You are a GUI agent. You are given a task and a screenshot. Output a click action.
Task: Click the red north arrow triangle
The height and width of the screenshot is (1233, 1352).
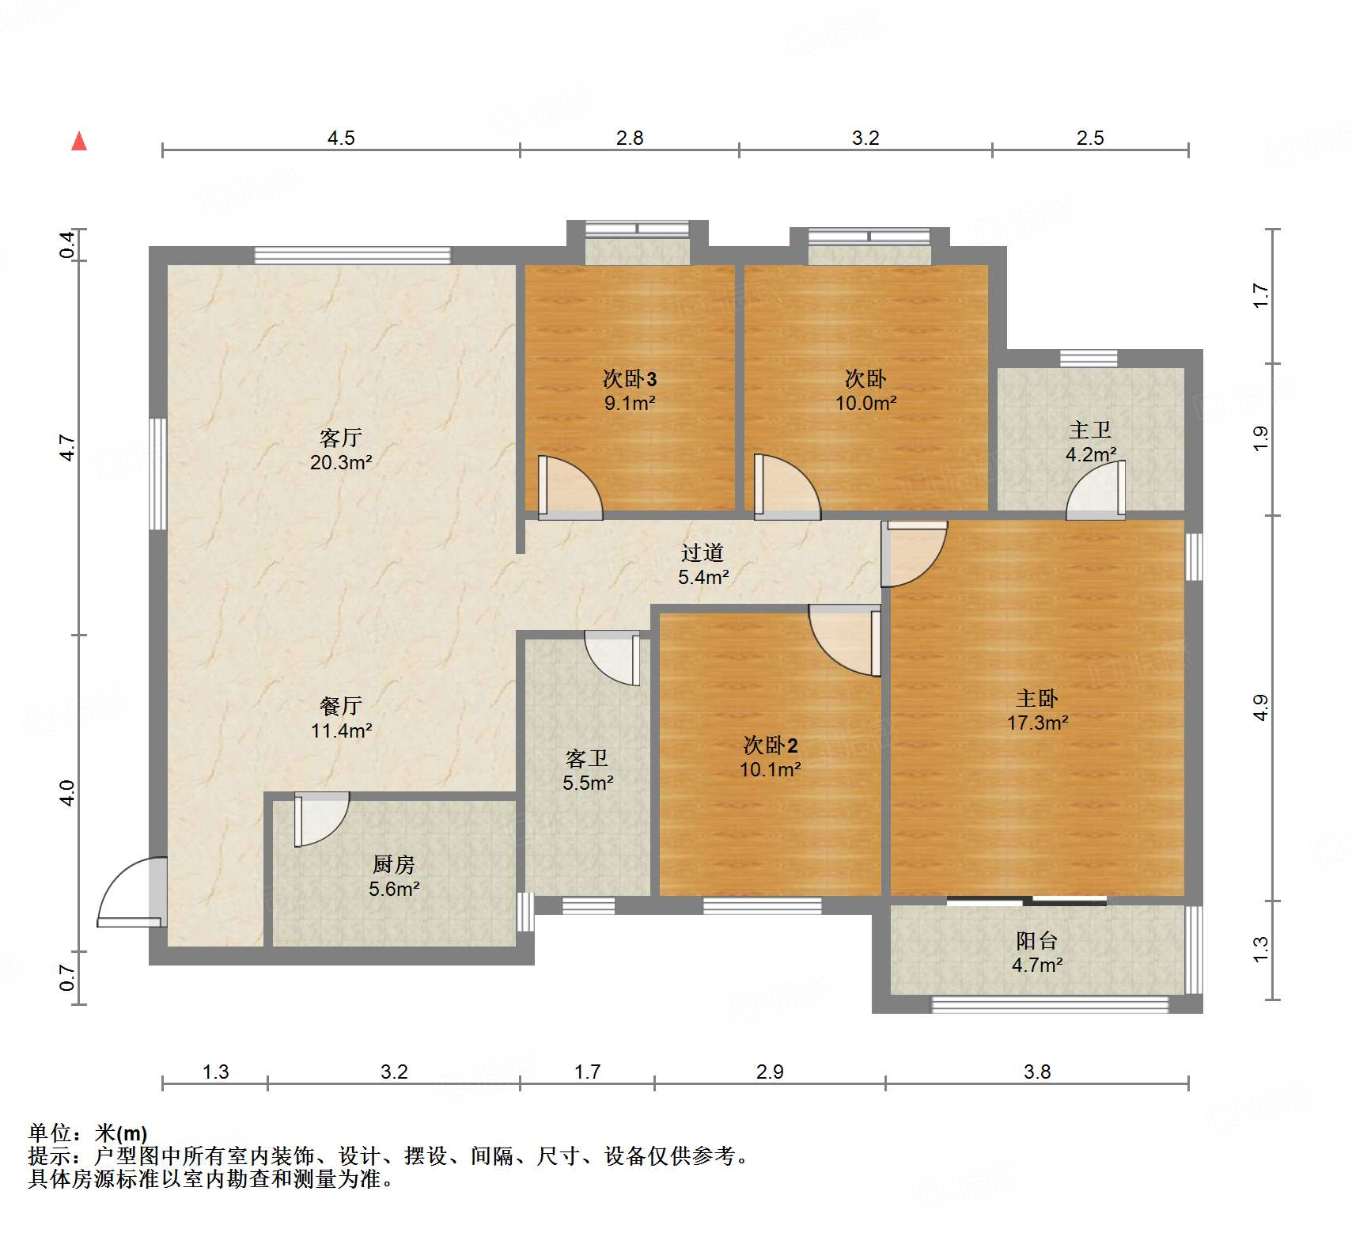point(79,142)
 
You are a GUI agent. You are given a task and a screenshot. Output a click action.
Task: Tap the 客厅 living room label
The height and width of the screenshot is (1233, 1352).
point(341,438)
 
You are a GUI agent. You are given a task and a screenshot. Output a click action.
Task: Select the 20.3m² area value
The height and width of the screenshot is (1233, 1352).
point(341,462)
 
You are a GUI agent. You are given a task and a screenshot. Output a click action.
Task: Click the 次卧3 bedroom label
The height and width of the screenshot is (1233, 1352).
point(630,379)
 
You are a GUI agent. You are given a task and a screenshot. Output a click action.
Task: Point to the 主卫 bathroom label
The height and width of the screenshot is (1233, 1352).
point(1090,431)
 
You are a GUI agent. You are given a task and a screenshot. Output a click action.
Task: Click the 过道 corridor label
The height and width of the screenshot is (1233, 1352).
point(703,552)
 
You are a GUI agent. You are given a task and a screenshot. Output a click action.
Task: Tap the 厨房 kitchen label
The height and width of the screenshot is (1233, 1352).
point(393,864)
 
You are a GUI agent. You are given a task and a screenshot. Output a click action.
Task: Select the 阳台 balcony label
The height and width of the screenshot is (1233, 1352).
point(1036,940)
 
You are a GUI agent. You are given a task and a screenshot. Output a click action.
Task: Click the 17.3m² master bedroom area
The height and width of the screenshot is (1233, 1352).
point(1037,723)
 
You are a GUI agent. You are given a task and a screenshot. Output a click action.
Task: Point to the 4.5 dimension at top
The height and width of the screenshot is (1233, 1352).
point(341,138)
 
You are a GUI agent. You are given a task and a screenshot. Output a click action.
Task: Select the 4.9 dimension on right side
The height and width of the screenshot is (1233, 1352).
point(1260,707)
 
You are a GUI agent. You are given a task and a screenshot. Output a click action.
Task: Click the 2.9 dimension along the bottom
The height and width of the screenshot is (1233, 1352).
point(769,1072)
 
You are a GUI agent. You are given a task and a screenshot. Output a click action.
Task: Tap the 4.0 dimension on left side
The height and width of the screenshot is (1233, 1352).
point(68,793)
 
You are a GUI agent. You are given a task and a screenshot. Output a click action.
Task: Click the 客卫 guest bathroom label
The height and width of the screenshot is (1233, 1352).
point(587,759)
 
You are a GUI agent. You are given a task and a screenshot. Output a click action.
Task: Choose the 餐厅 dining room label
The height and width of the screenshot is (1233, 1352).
point(341,706)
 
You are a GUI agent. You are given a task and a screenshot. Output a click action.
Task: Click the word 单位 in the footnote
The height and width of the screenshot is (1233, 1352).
point(50,1132)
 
